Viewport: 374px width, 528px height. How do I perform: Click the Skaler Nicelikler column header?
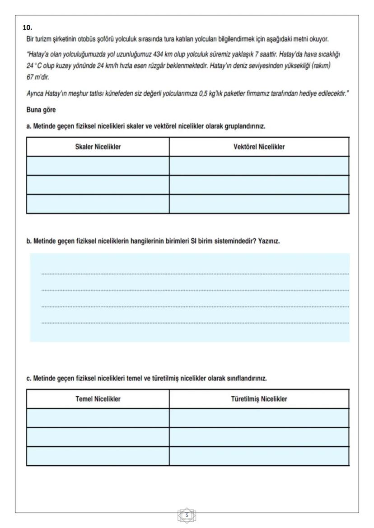click(98, 147)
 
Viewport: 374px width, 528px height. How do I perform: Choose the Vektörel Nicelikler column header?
click(259, 147)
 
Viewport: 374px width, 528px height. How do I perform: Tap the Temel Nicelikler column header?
click(98, 399)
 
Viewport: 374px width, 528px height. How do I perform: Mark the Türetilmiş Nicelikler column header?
click(259, 399)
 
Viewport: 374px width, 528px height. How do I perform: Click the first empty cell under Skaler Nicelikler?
click(98, 166)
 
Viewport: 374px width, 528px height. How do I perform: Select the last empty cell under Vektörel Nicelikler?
click(259, 204)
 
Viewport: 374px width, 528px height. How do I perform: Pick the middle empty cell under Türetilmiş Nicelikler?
click(259, 437)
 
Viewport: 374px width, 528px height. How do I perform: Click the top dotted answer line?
click(195, 274)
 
